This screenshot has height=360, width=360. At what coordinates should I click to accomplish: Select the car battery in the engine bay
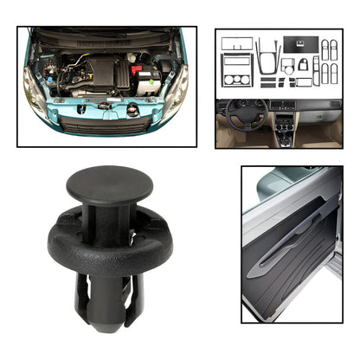click(145, 80)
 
